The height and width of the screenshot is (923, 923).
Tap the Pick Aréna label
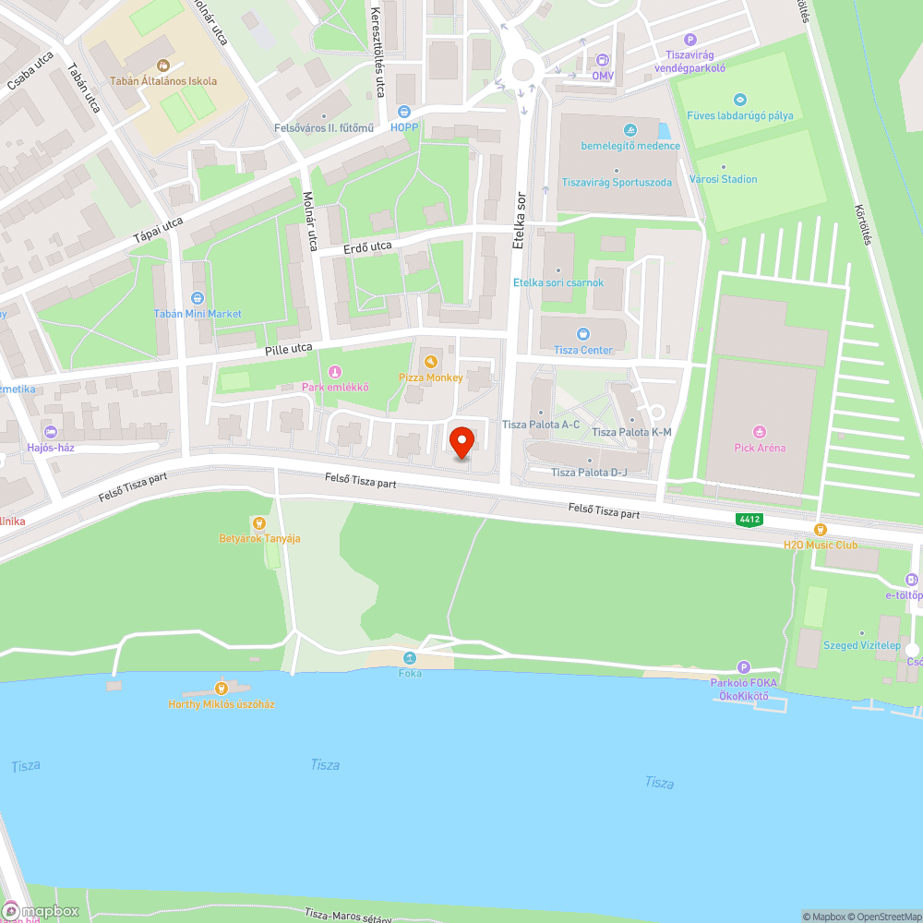click(x=760, y=448)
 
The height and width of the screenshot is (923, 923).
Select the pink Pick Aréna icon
click(x=760, y=431)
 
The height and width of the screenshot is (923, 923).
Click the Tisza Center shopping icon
click(x=582, y=334)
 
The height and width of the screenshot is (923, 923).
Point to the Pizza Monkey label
click(x=431, y=378)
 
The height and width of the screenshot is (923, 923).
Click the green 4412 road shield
click(x=749, y=520)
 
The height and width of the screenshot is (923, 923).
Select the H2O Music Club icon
click(x=820, y=529)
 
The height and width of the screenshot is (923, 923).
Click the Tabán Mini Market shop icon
click(x=198, y=298)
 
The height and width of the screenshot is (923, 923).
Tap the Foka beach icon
click(x=410, y=657)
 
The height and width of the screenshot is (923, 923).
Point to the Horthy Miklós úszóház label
click(x=222, y=704)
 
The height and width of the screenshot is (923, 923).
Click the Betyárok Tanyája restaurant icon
click(x=259, y=523)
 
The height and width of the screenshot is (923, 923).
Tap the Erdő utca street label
click(x=368, y=246)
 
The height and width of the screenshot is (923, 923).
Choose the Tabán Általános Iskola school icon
click(x=163, y=66)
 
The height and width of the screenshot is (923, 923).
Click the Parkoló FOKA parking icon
click(x=744, y=667)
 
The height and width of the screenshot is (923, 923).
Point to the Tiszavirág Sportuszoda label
click(x=617, y=183)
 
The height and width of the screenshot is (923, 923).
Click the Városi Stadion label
click(x=724, y=179)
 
